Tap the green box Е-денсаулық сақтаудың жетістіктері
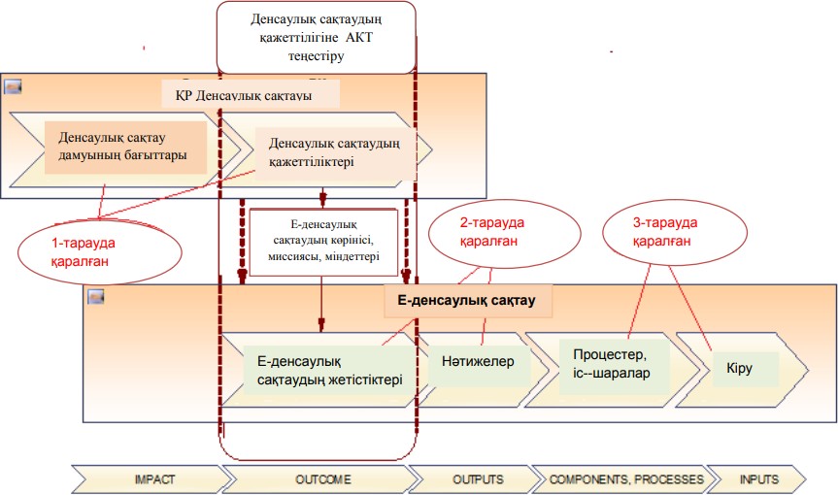pyautogui.click(x=329, y=370)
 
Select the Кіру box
pyautogui.click(x=739, y=369)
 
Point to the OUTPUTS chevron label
pyautogui.click(x=478, y=479)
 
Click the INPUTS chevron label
pyautogui.click(x=758, y=479)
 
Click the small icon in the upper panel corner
pyautogui.click(x=14, y=86)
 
